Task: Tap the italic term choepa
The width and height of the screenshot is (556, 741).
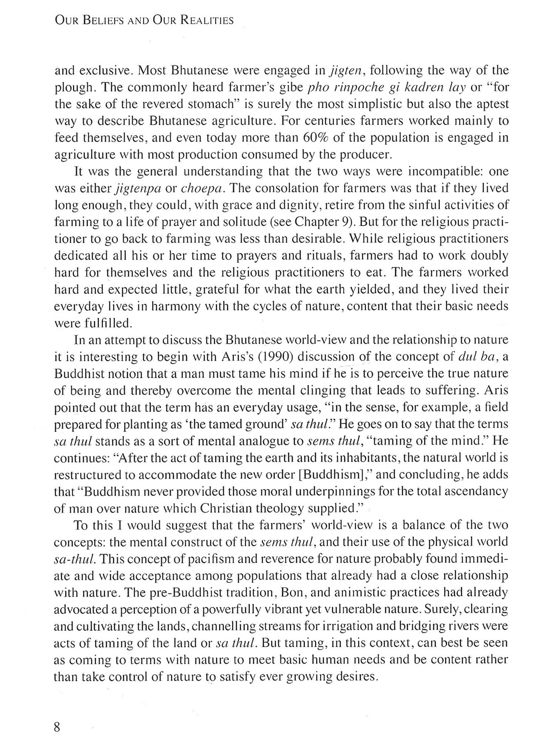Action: pyautogui.click(x=202, y=189)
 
